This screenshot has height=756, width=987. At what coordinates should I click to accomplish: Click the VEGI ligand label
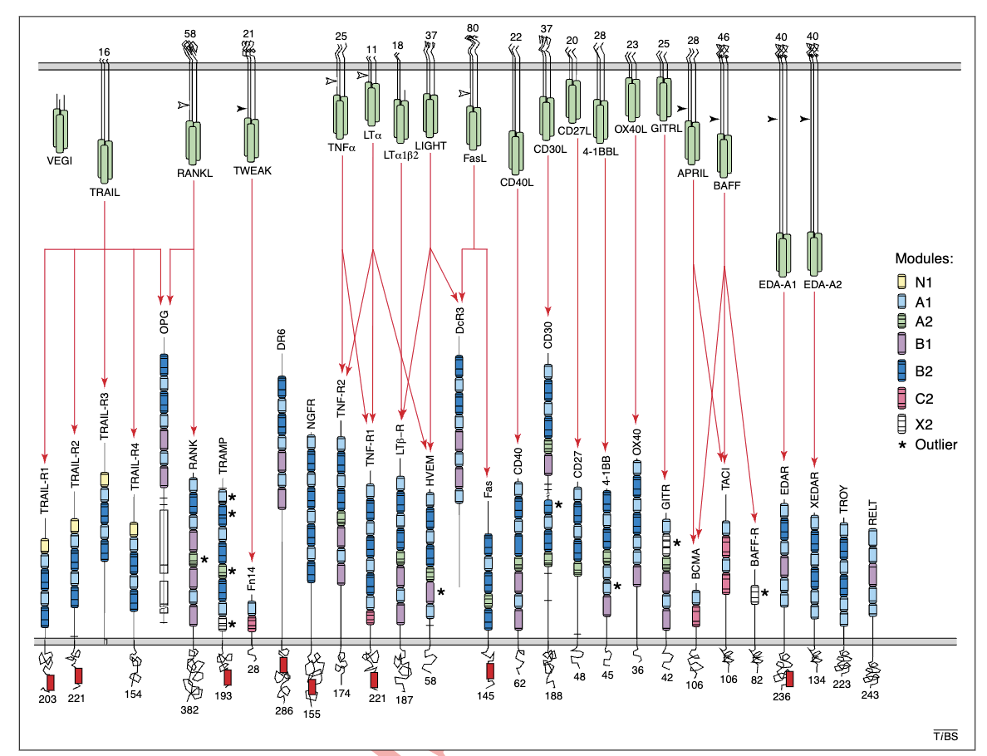coord(60,160)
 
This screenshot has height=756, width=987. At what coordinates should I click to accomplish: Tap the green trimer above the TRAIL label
coord(105,161)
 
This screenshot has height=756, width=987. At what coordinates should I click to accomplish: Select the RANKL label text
coord(194,173)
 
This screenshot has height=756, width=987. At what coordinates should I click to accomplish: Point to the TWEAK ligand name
coord(253,170)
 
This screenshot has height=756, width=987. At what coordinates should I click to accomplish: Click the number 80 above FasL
coord(473,28)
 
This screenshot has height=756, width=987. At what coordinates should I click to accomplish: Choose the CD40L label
coord(517,183)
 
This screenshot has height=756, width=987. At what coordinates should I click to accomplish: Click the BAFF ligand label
coord(727,186)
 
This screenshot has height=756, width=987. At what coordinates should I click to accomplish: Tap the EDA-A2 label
coord(822,284)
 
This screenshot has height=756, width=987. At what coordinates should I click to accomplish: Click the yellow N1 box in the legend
coord(902,282)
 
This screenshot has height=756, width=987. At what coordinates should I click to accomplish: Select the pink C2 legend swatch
coord(902,399)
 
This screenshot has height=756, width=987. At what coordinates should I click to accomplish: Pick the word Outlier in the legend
coord(936,444)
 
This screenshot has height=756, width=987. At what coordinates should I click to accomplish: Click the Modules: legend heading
coord(924,258)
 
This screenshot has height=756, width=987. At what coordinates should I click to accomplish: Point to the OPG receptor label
coord(164,322)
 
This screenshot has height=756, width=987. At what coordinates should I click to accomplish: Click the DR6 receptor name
coord(282,339)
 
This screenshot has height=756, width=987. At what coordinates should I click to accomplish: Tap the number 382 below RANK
coord(189,710)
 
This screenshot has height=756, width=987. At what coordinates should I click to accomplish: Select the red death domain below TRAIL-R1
coord(51,683)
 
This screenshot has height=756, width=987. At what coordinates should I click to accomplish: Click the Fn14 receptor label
coord(251,578)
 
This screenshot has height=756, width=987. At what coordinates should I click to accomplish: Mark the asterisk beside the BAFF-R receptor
coord(765,593)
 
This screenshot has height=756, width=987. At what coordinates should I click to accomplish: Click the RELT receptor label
coord(873,513)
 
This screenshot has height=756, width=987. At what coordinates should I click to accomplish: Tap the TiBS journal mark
coord(945,736)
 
